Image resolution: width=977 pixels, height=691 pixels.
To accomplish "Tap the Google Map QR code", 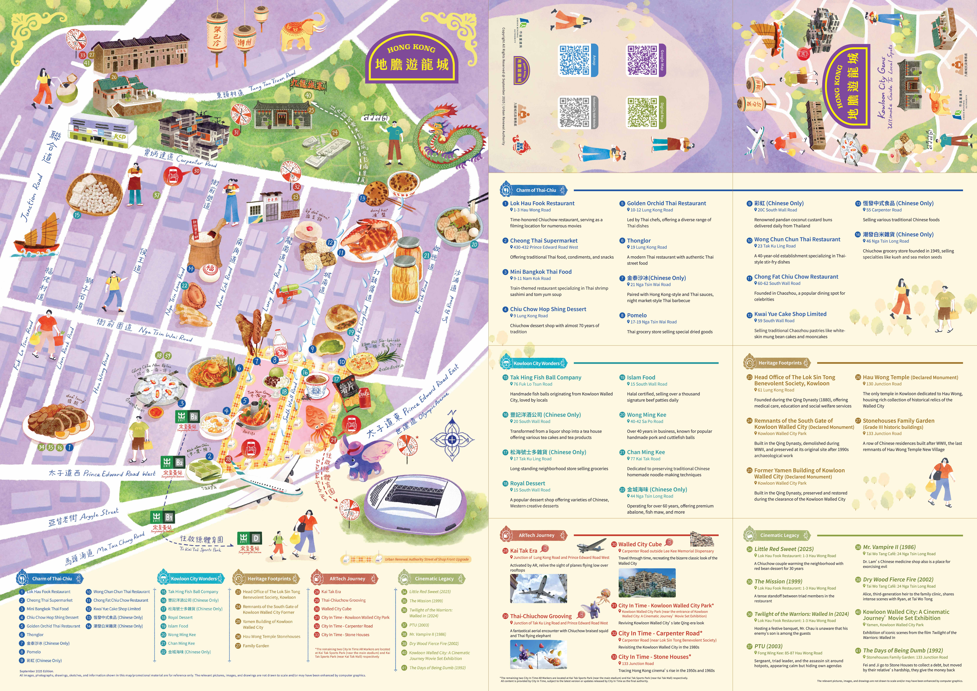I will (x=642, y=60).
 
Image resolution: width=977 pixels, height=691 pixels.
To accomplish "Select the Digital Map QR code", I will (x=642, y=112).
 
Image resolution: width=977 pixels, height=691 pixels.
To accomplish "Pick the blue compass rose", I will (x=452, y=439).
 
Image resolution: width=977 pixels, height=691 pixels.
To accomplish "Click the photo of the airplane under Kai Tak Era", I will (x=538, y=589).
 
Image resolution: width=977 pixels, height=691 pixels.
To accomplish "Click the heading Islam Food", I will (x=641, y=377).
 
